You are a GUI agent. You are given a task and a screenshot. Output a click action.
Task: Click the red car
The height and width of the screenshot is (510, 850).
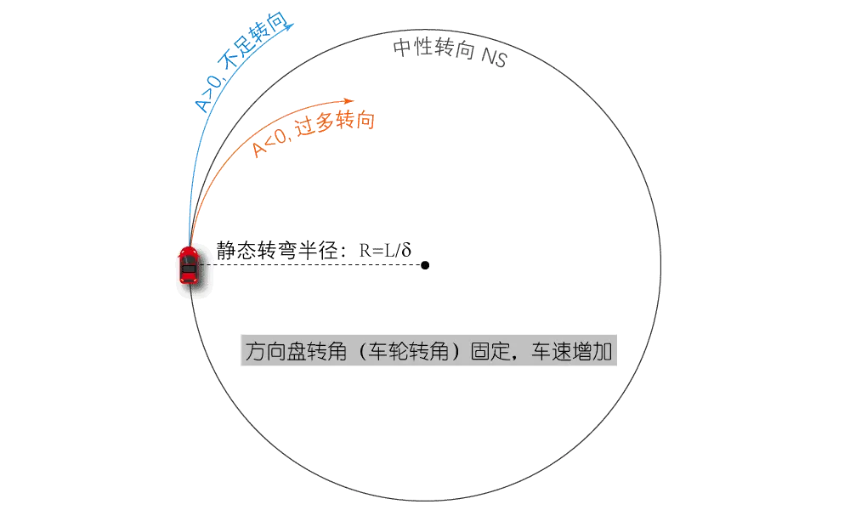point(188,266)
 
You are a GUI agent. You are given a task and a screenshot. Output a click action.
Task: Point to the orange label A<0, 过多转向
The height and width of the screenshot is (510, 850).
point(314,134)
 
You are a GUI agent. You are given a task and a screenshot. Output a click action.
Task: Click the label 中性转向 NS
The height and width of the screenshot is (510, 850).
point(449,53)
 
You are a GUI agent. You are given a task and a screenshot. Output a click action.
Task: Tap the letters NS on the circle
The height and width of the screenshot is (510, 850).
point(493,59)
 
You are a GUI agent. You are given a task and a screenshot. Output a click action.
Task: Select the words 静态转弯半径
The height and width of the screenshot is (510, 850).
point(277,251)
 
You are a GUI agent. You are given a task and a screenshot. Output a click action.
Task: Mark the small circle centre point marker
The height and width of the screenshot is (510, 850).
point(425,266)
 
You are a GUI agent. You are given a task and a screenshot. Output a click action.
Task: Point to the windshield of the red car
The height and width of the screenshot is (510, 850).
point(188,258)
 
